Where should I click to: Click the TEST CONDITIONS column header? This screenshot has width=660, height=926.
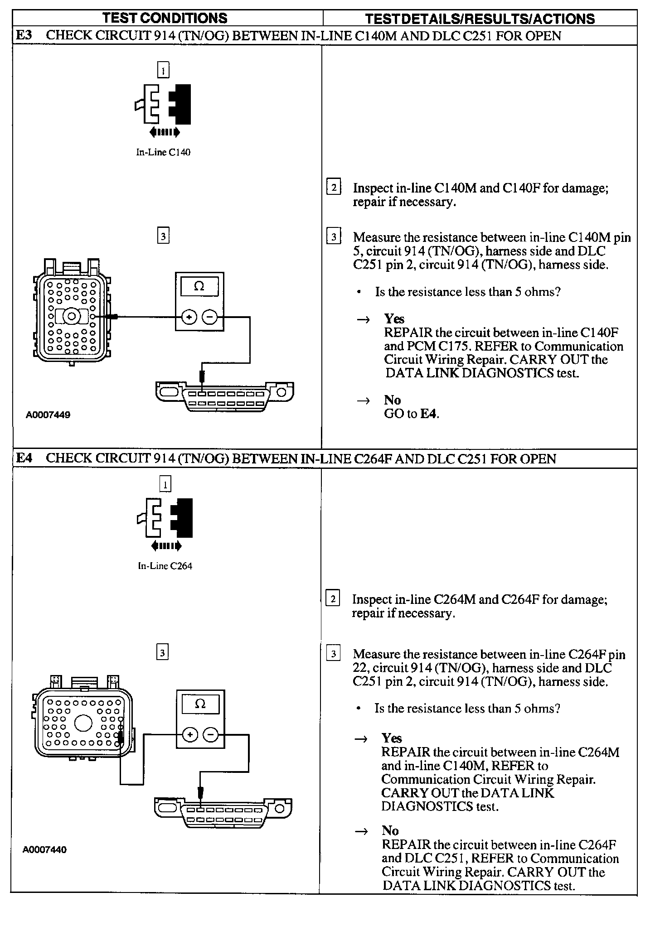tap(165, 18)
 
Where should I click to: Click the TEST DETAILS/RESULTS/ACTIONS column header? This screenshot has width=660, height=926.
tap(480, 19)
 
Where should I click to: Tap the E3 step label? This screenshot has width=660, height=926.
tap(24, 36)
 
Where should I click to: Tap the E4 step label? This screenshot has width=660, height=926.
tap(24, 458)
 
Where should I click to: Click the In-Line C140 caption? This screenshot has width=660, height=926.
tap(163, 153)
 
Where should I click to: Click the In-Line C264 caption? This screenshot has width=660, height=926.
tap(165, 566)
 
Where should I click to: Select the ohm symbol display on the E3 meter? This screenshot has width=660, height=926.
tap(199, 286)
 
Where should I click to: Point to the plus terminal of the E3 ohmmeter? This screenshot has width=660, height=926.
tap(189, 318)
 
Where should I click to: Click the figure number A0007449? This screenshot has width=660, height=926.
tap(48, 415)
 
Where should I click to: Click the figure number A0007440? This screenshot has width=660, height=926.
tap(44, 850)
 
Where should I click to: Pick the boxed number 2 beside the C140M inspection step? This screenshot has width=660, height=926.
tap(334, 187)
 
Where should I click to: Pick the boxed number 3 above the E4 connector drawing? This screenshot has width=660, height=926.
tap(162, 653)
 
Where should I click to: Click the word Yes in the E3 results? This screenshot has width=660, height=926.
tap(394, 319)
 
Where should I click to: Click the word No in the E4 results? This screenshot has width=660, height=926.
tap(390, 830)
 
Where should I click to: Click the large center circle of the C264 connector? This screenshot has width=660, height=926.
tap(83, 723)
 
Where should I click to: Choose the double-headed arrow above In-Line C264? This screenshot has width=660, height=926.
tap(166, 546)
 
